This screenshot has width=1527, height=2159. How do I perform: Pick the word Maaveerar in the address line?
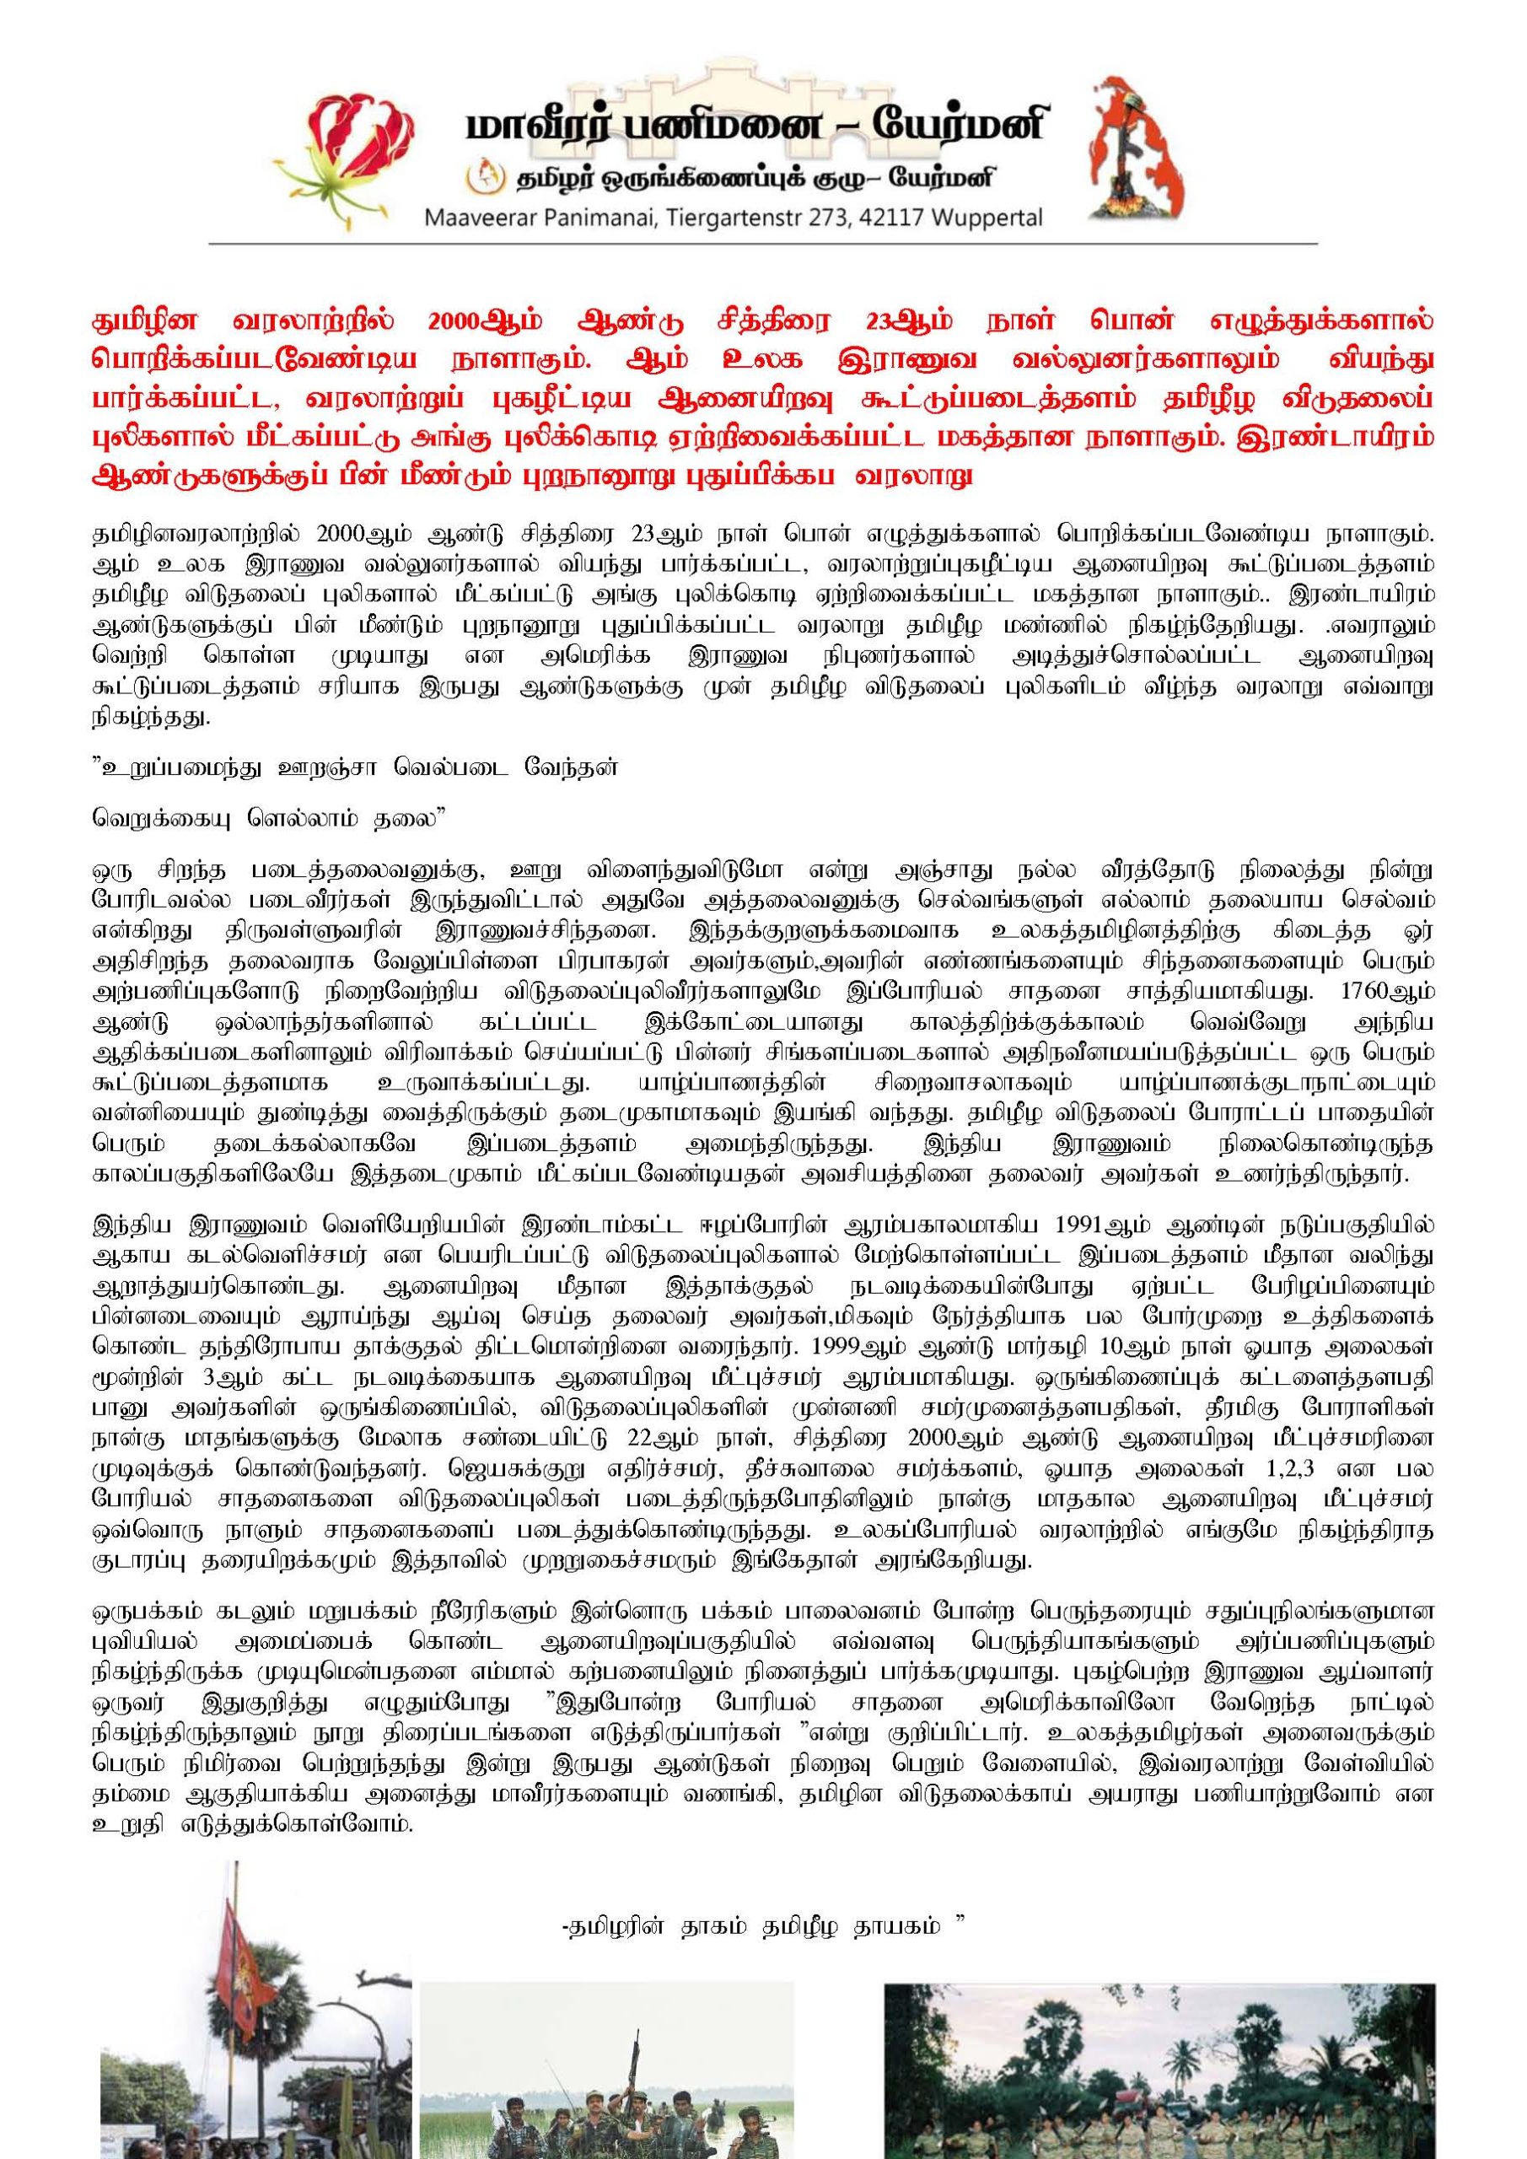(485, 219)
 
